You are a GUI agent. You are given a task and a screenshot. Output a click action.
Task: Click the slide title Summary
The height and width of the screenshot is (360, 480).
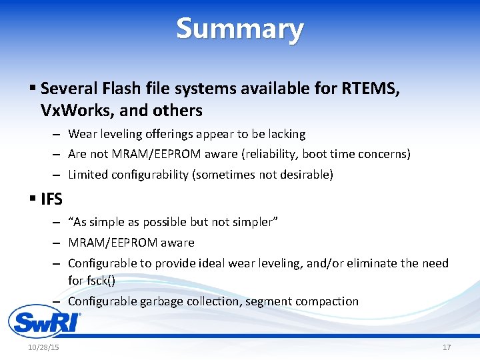pyautogui.click(x=240, y=29)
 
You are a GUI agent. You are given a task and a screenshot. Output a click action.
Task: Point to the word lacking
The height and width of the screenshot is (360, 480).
pyautogui.click(x=285, y=134)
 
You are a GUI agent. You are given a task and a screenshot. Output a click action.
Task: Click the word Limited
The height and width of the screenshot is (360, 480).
pyautogui.click(x=88, y=175)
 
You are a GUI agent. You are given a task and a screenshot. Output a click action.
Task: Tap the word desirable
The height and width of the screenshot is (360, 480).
pyautogui.click(x=307, y=175)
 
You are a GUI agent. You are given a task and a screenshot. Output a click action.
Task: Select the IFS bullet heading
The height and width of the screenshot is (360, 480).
pyautogui.click(x=51, y=198)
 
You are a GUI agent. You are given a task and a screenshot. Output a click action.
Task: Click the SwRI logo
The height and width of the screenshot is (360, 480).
pyautogui.click(x=44, y=322)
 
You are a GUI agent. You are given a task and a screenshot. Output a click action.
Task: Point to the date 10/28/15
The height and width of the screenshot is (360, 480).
pyautogui.click(x=43, y=348)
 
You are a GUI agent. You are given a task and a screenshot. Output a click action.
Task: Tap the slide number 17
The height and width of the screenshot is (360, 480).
pyautogui.click(x=446, y=348)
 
